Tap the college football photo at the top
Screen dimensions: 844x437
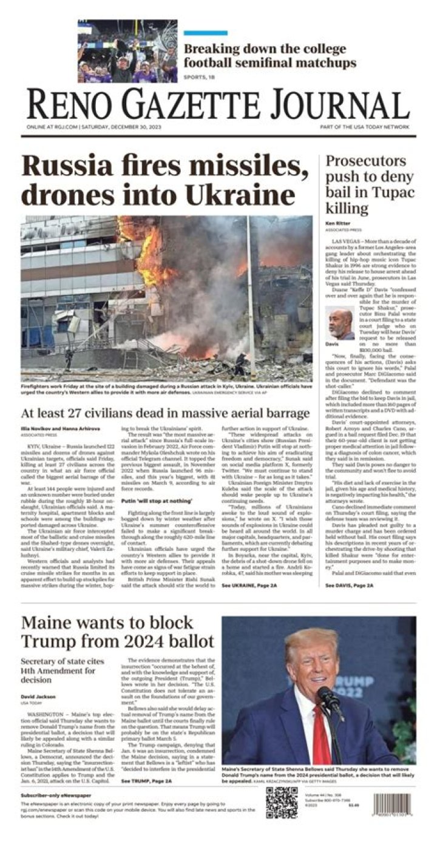click(x=127, y=51)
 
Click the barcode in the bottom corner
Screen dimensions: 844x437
click(x=394, y=820)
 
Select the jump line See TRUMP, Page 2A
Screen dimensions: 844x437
click(x=147, y=781)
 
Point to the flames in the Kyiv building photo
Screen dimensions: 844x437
click(x=147, y=255)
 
